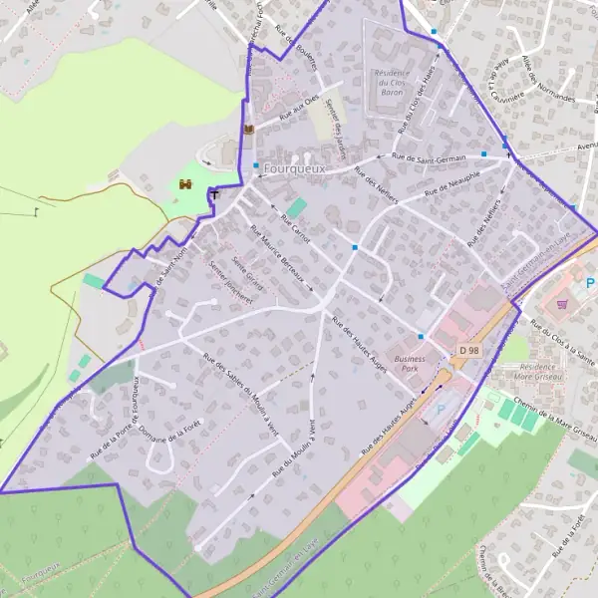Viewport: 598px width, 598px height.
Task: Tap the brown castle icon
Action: tap(185, 183)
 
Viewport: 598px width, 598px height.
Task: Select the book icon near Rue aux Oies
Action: tap(248, 129)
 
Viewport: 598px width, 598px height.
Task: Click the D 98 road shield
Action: tap(470, 351)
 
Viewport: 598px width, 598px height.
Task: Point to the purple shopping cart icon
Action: tap(562, 304)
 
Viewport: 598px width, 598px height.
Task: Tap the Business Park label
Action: tap(410, 363)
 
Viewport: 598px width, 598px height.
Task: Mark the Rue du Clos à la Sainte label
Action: tap(564, 342)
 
